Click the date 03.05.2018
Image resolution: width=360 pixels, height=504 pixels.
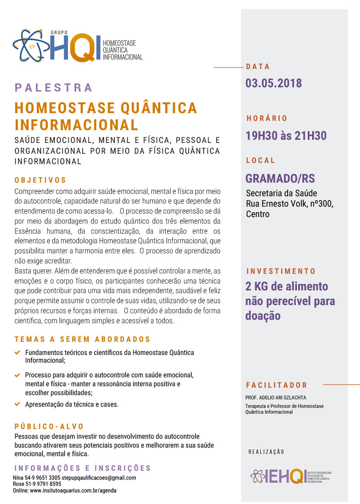click(x=273, y=83)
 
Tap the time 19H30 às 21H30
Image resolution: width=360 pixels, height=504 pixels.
click(x=286, y=136)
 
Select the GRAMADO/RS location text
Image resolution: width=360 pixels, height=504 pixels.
click(x=280, y=178)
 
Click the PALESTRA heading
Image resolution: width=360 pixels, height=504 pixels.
click(x=53, y=88)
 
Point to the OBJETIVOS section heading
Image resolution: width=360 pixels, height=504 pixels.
click(x=41, y=180)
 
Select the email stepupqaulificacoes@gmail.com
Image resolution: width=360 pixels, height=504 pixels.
click(x=99, y=478)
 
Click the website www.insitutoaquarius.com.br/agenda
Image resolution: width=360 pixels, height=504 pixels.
click(x=73, y=490)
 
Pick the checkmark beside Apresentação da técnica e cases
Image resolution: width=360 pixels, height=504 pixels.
click(x=17, y=404)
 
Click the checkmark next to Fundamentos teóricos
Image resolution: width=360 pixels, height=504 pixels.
click(x=17, y=353)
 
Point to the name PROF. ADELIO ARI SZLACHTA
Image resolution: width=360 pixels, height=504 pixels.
click(x=275, y=397)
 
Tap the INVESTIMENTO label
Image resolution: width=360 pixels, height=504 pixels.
click(x=281, y=272)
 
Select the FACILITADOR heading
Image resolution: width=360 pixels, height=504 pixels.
click(x=277, y=385)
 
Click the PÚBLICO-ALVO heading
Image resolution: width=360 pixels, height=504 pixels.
click(x=49, y=427)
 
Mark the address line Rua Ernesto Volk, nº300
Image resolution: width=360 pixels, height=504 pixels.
click(x=289, y=204)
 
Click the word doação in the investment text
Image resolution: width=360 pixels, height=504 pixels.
click(x=263, y=316)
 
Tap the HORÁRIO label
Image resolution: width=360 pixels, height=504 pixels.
click(x=267, y=118)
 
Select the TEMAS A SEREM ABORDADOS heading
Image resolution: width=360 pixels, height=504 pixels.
click(x=82, y=339)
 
